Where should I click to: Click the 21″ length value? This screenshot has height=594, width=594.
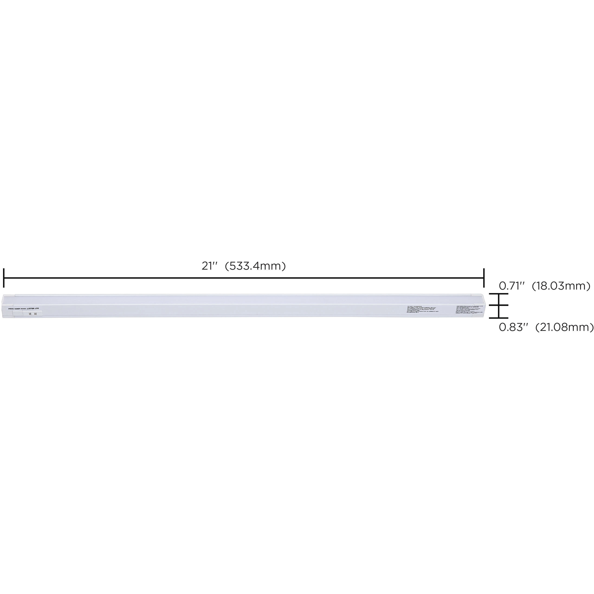[x=209, y=266]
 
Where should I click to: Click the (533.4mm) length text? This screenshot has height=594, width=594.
[x=255, y=266]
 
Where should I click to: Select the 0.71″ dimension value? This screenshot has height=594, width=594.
[x=511, y=286]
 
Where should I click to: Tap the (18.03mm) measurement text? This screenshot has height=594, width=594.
[x=561, y=286]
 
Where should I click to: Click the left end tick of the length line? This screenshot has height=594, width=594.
[x=4, y=278]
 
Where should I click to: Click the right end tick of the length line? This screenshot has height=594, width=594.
[x=484, y=278]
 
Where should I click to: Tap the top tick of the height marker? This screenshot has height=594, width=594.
[x=498, y=294]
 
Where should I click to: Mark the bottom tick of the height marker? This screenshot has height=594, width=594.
[x=498, y=318]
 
